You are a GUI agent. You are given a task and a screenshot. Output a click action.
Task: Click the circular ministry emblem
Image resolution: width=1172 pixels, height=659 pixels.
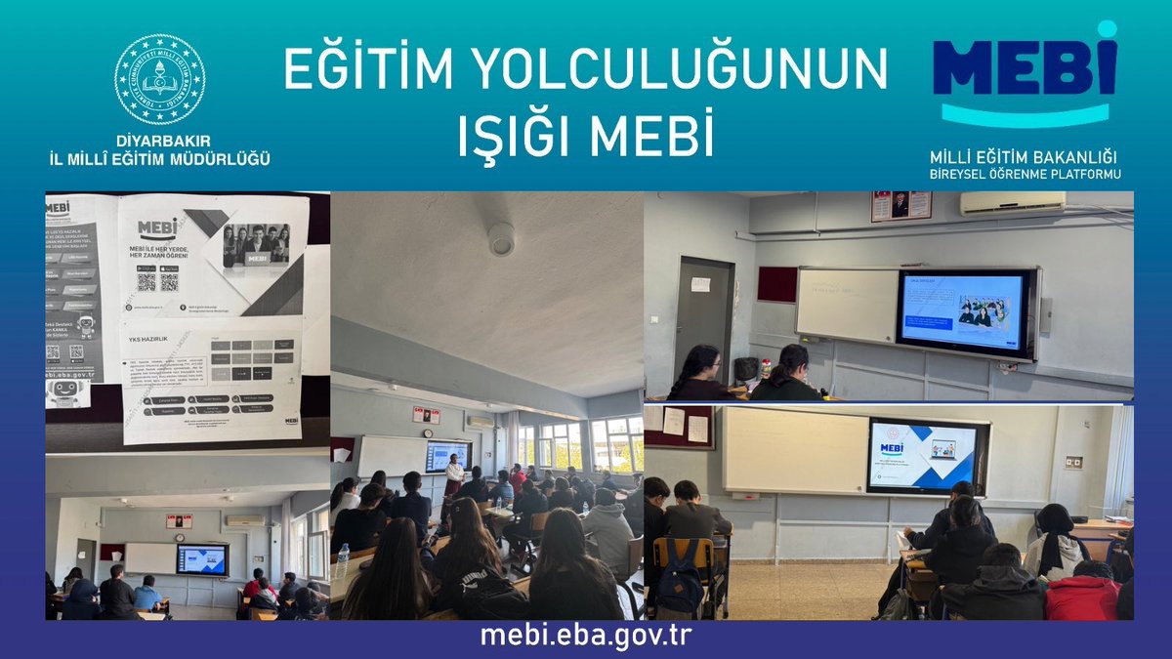point(159,79)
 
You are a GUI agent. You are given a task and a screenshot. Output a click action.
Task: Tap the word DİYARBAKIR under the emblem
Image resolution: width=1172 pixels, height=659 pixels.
point(159,141)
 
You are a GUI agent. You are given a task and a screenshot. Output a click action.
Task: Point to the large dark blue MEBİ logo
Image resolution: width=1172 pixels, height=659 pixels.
point(1025,64)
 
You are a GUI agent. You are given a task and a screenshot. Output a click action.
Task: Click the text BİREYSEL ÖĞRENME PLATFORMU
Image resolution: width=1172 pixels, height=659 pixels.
point(1025,174)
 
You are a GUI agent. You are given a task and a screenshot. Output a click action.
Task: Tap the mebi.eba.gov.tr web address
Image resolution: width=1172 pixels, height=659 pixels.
point(585,636)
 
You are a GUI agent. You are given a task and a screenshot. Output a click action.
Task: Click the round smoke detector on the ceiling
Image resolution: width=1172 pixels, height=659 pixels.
point(501,240)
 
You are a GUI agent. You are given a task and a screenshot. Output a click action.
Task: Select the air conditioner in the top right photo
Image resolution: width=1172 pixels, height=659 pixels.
point(1012,203)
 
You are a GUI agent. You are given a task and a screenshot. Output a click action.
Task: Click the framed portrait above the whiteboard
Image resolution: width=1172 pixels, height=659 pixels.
point(900,205)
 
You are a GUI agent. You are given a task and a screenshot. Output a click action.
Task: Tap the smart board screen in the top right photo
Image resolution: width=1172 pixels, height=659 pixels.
point(962,311)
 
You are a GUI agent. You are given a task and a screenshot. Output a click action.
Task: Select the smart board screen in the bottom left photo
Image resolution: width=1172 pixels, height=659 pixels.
point(201,559)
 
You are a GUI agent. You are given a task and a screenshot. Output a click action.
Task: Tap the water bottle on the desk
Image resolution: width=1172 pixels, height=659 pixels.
point(343,560)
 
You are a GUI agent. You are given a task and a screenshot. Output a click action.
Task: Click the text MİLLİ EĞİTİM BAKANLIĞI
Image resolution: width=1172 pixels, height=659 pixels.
point(1025,157)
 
